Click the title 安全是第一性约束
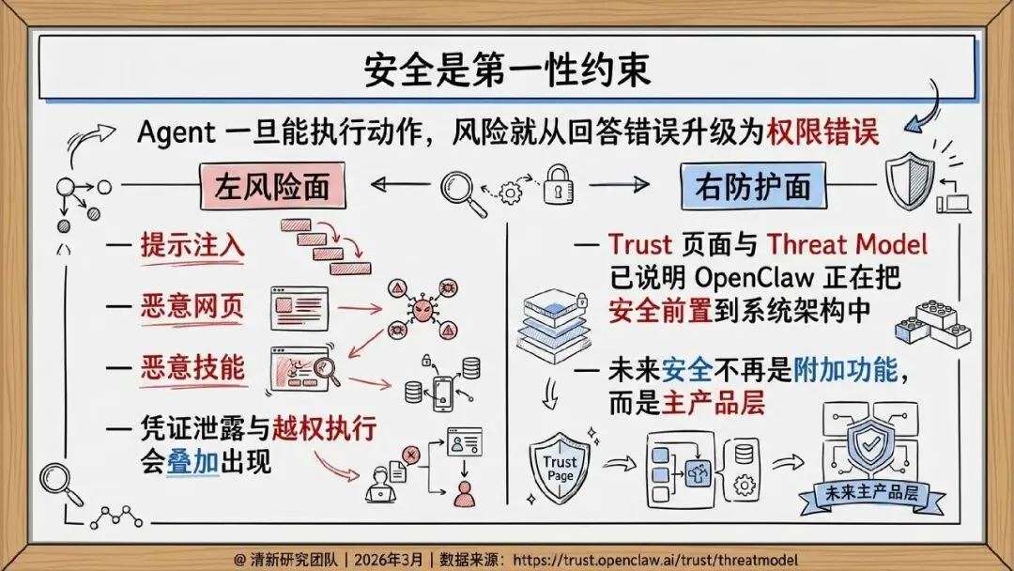tap(506, 70)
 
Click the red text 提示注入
tap(192, 246)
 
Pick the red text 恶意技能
tap(192, 367)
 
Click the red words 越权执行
tap(324, 429)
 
